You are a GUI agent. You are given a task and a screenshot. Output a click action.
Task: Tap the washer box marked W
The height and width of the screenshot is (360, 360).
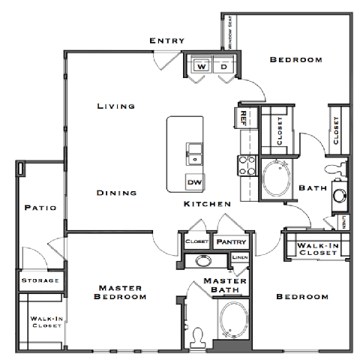click(201, 67)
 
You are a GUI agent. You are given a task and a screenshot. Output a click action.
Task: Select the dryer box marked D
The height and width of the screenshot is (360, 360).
click(224, 67)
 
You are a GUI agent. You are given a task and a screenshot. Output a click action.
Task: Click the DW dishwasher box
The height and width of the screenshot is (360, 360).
click(193, 181)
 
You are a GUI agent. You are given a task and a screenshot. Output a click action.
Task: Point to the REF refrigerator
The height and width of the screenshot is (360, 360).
click(244, 116)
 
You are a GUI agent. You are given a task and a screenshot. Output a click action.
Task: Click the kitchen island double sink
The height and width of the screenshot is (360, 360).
click(193, 152)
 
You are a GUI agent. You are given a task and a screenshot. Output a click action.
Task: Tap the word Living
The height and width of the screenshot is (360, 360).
click(115, 106)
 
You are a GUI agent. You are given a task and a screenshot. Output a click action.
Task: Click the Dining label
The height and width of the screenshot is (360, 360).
click(117, 193)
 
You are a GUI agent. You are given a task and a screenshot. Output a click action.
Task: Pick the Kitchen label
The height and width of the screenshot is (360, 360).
click(208, 203)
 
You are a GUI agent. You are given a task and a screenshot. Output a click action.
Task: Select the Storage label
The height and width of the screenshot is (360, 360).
click(39, 280)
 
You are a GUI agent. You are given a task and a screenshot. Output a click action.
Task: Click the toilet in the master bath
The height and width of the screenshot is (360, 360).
click(197, 334)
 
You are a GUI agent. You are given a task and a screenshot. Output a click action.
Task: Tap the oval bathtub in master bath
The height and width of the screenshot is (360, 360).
click(232, 317)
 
